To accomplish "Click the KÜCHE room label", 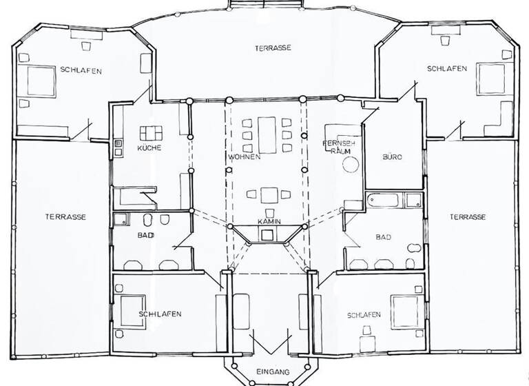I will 149,149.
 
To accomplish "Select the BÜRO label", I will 392,157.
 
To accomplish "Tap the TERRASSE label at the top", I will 272,48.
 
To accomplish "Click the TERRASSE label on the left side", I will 65,216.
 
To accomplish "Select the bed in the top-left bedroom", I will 40,79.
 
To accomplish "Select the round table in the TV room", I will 351,165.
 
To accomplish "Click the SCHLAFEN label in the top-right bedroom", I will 446,69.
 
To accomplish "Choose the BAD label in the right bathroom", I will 383,237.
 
